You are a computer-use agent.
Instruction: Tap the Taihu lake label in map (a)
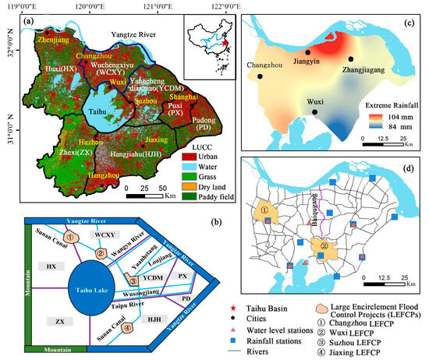pos(95,110)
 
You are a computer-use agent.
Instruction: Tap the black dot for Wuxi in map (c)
pos(314,112)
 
